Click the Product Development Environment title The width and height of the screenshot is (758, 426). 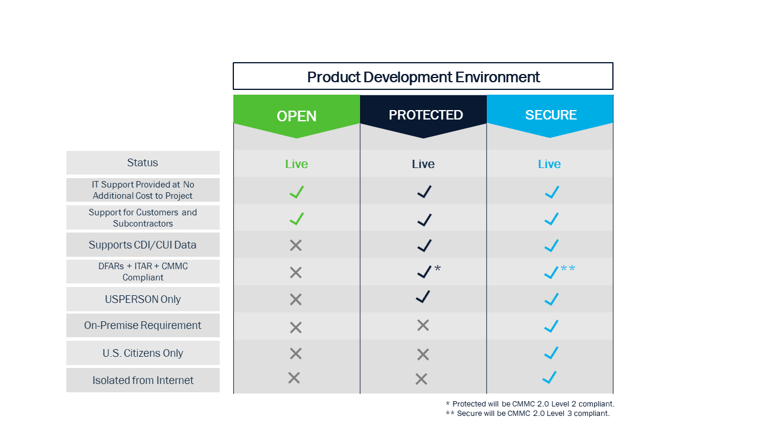(x=423, y=77)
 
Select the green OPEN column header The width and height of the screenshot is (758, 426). (x=297, y=116)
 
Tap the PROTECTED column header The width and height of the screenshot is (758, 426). (x=425, y=115)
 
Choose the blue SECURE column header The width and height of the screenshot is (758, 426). (x=551, y=115)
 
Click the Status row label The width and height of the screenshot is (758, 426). (x=143, y=163)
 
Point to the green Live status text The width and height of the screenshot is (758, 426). (x=297, y=164)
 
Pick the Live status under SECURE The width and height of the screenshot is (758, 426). (x=550, y=164)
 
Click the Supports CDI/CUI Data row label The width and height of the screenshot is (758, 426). (x=143, y=245)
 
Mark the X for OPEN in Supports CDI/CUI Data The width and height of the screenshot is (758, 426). (x=296, y=246)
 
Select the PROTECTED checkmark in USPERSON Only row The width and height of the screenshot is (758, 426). (x=423, y=297)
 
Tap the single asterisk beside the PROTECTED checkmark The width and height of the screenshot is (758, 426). (x=438, y=269)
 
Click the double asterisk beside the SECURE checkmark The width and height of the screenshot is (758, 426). (x=568, y=269)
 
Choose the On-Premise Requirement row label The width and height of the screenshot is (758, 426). (x=143, y=325)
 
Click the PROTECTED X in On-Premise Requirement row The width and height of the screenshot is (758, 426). (x=423, y=325)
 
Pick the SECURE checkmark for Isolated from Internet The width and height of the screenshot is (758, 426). (x=550, y=377)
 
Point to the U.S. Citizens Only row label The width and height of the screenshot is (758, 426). (x=143, y=353)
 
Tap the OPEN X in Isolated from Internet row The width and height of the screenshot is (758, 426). (x=294, y=377)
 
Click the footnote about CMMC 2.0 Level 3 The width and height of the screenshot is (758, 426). (x=528, y=414)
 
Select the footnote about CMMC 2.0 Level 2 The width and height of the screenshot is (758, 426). (x=530, y=404)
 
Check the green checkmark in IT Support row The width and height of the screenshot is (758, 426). (x=297, y=192)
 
